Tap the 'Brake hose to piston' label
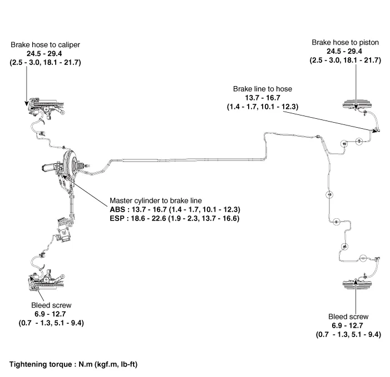click(345, 42)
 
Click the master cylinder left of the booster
click(50, 167)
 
